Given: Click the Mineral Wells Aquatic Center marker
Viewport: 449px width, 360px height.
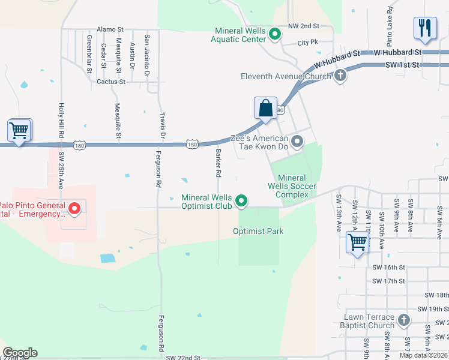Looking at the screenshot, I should (275, 34).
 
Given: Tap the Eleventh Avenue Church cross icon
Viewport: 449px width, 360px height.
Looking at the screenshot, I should (340, 76).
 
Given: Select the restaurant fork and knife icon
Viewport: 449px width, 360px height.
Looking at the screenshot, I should (424, 29).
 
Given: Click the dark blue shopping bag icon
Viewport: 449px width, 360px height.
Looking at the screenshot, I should (265, 109).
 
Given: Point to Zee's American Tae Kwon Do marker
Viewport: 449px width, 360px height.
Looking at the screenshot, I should (296, 142).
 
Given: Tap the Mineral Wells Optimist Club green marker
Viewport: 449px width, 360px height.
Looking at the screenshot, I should (241, 201).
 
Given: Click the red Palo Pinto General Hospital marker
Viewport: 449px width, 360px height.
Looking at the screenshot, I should (74, 209).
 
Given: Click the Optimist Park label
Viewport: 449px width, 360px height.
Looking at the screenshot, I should (259, 231).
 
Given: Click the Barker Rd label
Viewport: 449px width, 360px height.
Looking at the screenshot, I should (218, 163).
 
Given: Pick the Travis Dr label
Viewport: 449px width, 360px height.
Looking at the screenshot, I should (162, 125).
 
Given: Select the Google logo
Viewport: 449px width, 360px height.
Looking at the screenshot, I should (20, 352).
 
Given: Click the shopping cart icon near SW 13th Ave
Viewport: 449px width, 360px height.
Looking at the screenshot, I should (357, 243).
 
